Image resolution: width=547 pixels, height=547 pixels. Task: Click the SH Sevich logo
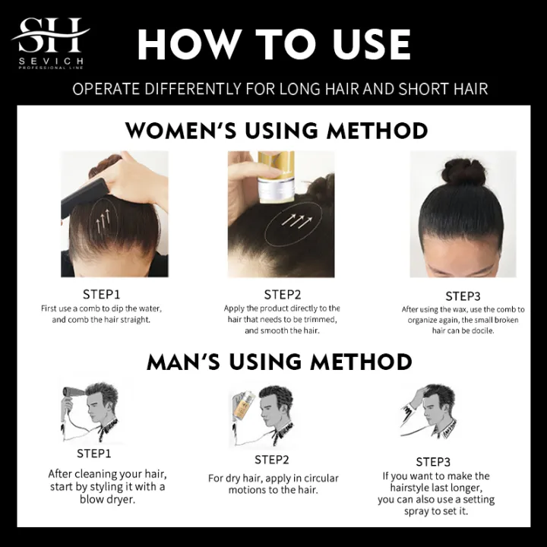[x=50, y=43]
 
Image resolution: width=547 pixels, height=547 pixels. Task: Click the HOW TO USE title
[x=274, y=45]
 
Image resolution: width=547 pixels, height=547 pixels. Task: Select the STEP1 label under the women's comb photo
[x=101, y=292]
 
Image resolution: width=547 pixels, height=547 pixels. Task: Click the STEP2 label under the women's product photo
[x=283, y=294]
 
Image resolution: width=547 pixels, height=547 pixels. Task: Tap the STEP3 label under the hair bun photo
[x=464, y=296]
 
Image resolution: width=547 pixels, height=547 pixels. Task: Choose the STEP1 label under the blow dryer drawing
[x=93, y=454]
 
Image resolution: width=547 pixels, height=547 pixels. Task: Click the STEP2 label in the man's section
[x=272, y=460]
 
